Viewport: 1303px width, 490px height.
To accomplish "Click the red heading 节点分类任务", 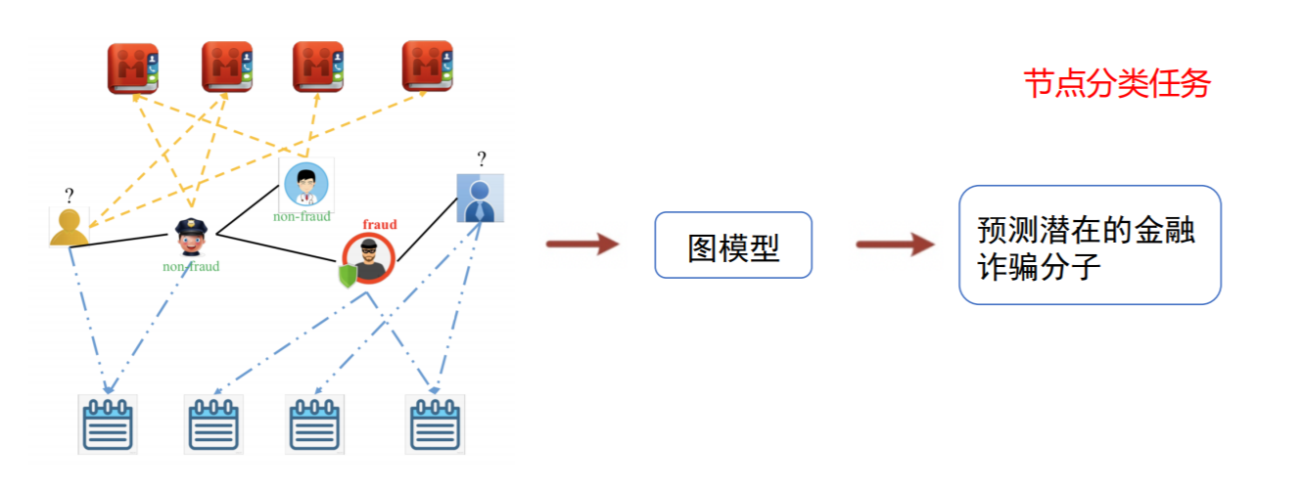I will (1117, 84).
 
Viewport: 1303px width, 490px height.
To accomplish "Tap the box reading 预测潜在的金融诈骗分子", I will (1089, 245).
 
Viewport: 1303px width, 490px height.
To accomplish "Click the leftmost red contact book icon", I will (133, 67).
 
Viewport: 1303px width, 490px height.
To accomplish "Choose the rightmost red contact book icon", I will (427, 67).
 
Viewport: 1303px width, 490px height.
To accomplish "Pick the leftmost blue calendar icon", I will (107, 423).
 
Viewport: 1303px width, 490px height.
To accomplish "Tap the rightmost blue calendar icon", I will (436, 423).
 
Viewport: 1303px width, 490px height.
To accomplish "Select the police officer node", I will (189, 236).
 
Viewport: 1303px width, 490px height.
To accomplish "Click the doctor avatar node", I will (305, 183).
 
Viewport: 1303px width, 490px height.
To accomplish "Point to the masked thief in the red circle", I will (370, 257).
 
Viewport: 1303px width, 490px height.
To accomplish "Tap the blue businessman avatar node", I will (480, 198).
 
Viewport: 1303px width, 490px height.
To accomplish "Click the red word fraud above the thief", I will (380, 224).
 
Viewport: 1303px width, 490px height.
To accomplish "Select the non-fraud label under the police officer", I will (191, 266).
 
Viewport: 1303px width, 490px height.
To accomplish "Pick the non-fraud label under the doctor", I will (302, 216).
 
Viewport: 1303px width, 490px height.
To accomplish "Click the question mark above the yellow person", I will (70, 195).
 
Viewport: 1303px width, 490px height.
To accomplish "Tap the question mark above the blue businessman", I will (481, 158).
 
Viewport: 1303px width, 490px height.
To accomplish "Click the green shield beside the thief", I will (347, 277).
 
